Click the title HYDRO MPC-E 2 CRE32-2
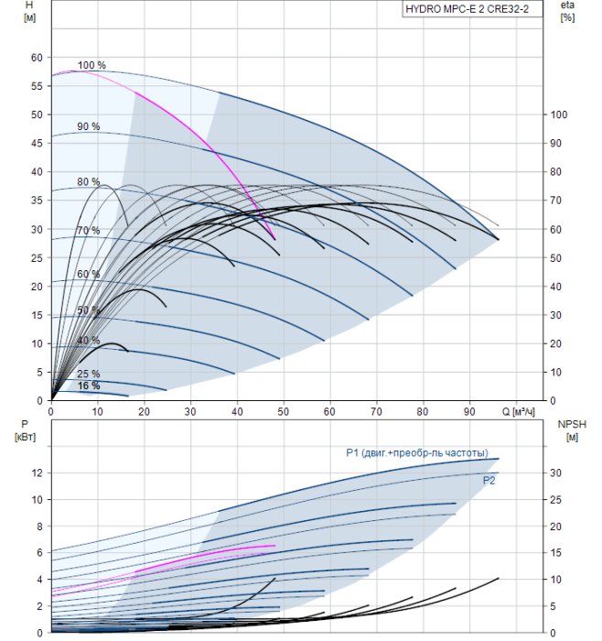pos(468,10)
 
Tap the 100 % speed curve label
pos(91,66)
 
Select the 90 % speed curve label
pos(88,126)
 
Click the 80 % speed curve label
pos(88,181)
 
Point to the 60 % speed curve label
pos(88,275)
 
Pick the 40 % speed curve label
pos(88,340)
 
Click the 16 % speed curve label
pos(88,386)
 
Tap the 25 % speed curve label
pos(88,374)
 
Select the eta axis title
pos(567,11)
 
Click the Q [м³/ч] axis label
pos(519,411)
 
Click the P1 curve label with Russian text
pos(423,452)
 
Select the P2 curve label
pos(489,479)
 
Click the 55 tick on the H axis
pos(38,85)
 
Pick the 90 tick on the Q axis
pos(469,411)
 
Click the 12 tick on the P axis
pos(38,473)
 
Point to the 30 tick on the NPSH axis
pos(558,473)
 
